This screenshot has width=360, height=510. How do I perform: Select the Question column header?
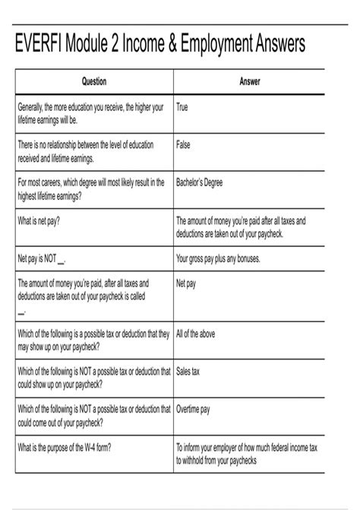point(93,81)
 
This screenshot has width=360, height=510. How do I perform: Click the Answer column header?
point(250,81)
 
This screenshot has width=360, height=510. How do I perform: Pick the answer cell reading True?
point(182,108)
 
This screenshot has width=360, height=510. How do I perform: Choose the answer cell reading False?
point(183,144)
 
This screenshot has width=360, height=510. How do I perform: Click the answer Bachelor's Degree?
point(200,182)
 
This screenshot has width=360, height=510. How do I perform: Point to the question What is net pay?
point(39,220)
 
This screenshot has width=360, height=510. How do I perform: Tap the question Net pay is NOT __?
point(42,258)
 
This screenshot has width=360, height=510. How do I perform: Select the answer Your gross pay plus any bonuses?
point(218,258)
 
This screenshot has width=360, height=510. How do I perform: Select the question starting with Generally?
point(90,113)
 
